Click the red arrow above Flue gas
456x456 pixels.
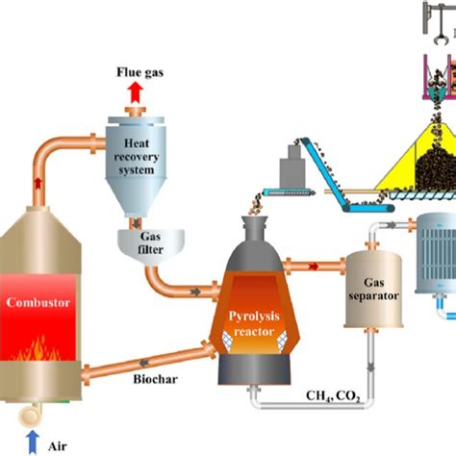(x=133, y=91)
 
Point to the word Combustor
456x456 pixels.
(x=39, y=300)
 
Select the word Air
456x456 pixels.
(x=60, y=443)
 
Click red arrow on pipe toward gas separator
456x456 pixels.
(x=315, y=261)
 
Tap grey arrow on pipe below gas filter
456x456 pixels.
(x=196, y=289)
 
